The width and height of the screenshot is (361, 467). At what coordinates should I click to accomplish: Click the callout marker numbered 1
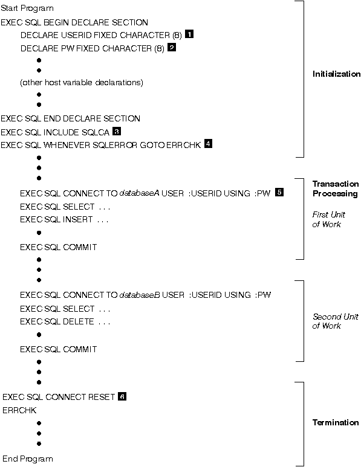pos(189,34)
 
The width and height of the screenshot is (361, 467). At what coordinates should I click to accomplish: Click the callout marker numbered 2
pos(172,47)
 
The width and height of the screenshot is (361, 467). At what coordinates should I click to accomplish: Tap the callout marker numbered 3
pos(117,131)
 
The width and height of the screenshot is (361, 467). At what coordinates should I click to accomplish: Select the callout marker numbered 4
pos(208,144)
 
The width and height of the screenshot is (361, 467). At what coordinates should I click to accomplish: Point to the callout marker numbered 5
pos(279,192)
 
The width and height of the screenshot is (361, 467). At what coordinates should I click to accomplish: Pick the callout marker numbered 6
pos(122,396)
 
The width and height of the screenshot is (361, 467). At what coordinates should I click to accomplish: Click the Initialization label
pos(337,74)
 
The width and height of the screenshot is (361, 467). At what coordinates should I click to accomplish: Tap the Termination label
pos(336,422)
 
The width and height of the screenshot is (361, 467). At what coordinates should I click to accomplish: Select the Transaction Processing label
pos(336,189)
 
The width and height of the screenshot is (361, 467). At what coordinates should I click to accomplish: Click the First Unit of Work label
pos(328,219)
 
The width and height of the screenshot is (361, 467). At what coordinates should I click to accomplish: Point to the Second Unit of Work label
pos(336,321)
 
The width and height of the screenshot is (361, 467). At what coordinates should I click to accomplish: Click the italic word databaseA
pos(139,193)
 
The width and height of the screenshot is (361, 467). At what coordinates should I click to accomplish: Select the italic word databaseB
pos(140,295)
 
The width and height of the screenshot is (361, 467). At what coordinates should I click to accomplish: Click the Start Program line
pos(27,8)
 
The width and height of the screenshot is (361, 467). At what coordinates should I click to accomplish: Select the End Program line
pos(28,459)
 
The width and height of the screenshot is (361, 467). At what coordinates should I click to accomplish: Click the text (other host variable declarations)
pos(82,82)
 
